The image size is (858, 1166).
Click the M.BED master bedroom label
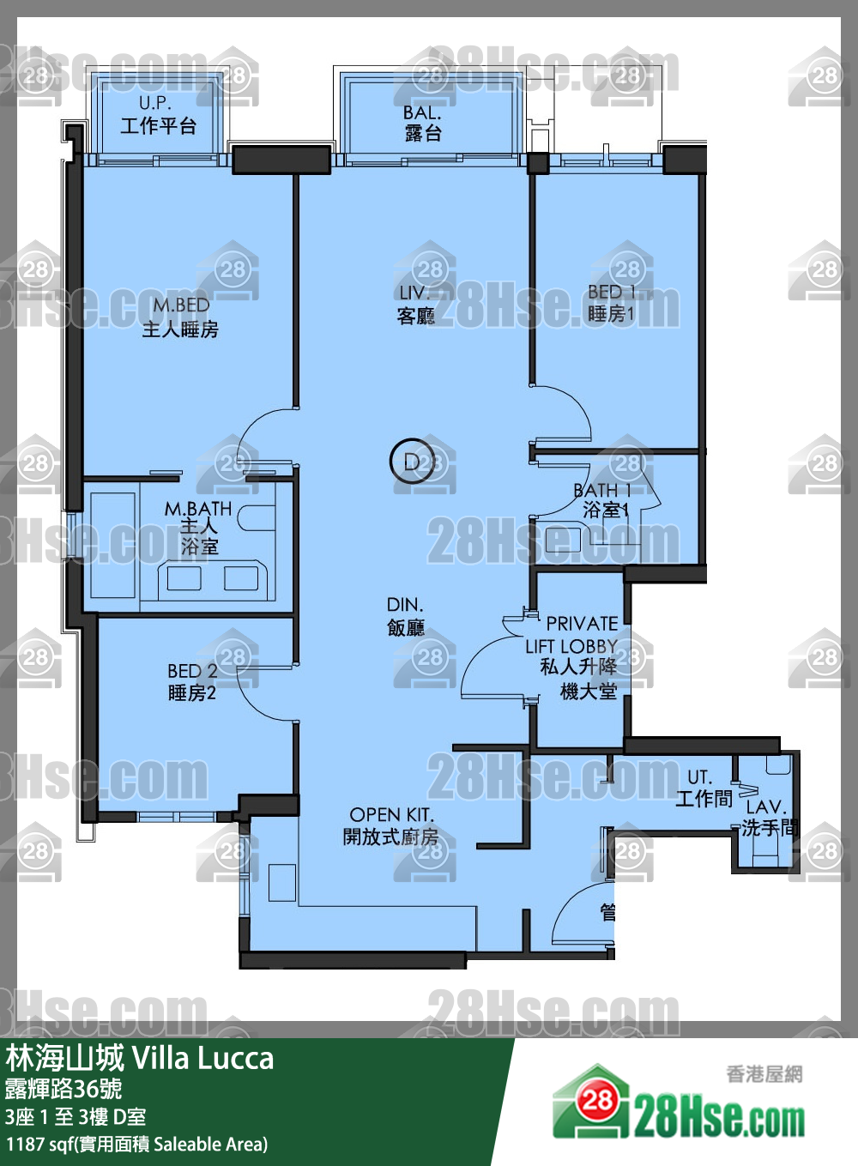[180, 317]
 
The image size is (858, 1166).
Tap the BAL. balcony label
[422, 123]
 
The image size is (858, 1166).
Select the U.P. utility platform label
[158, 115]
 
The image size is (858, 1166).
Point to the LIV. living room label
[415, 305]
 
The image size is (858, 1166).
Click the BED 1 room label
[611, 303]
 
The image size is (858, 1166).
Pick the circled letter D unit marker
[411, 462]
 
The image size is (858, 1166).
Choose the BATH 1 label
[603, 500]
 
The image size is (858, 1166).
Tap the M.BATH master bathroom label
[198, 528]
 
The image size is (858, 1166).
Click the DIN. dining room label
[405, 616]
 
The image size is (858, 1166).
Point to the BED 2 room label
[192, 681]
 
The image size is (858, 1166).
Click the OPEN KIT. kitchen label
[391, 825]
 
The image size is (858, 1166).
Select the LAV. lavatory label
[769, 818]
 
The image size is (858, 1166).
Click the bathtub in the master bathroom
[113, 545]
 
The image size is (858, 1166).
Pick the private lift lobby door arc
[485, 665]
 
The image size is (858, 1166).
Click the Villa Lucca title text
[139, 1058]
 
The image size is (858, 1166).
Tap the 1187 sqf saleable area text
[137, 1144]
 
